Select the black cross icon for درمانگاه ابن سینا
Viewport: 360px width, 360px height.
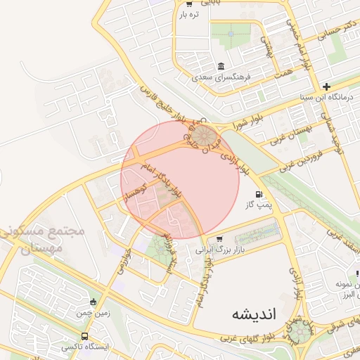pyautogui.click(x=326, y=86)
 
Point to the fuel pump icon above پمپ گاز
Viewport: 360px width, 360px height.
pyautogui.click(x=259, y=194)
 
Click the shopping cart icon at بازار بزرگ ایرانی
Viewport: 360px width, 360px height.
pyautogui.click(x=220, y=238)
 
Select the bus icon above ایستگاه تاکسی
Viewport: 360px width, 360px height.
pyautogui.click(x=85, y=336)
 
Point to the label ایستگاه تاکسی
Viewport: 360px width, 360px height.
pyautogui.click(x=85, y=347)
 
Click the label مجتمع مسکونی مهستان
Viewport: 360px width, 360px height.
pyautogui.click(x=43, y=239)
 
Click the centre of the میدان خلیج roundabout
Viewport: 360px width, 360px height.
pyautogui.click(x=205, y=134)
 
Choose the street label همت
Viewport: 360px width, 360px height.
pyautogui.click(x=284, y=72)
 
